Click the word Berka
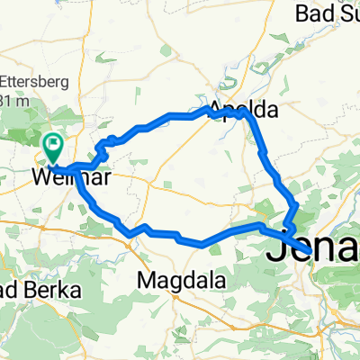coord(54,290)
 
